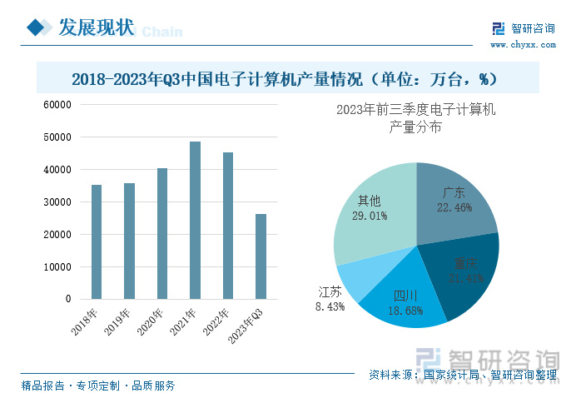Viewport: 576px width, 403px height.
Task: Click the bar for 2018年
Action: click(x=97, y=241)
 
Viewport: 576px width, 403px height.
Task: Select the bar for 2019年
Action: click(x=129, y=241)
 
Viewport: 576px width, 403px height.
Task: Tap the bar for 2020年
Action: click(x=162, y=233)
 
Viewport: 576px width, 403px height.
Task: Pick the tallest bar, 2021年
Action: click(x=195, y=220)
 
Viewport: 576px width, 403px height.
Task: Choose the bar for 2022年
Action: click(x=228, y=226)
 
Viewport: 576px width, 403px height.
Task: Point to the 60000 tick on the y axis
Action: click(x=58, y=105)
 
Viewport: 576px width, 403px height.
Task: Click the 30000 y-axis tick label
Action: click(x=58, y=202)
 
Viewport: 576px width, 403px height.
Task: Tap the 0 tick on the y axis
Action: click(x=68, y=299)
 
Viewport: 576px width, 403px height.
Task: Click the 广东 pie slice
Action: click(x=454, y=200)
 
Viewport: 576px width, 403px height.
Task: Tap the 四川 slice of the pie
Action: click(x=404, y=300)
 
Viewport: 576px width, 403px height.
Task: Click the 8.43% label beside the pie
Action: click(x=330, y=306)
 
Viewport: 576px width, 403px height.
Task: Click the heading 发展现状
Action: click(x=96, y=27)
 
